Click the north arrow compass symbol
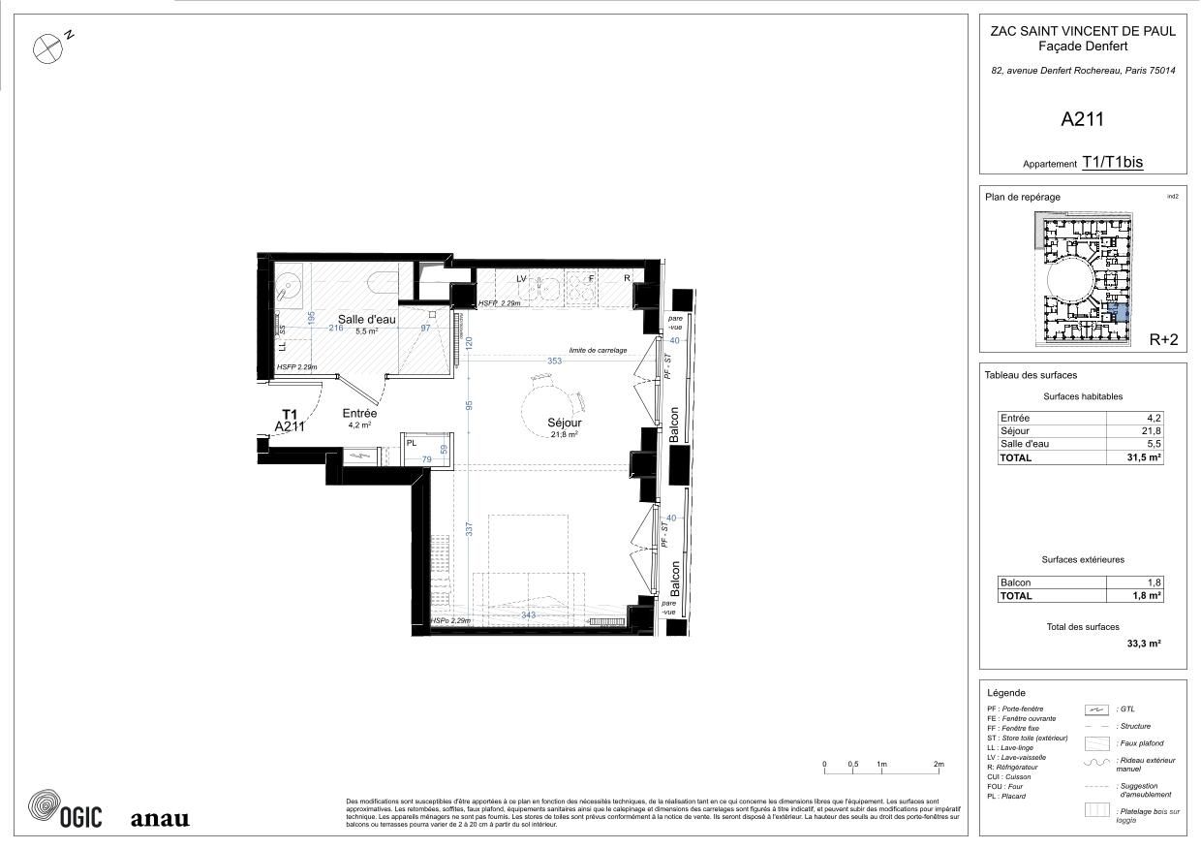tap(46, 48)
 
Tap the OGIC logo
tap(65, 811)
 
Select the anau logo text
tap(160, 819)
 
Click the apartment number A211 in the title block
tap(1082, 120)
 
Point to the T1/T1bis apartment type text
tap(1112, 163)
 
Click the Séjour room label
tap(565, 423)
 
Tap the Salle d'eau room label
tap(366, 319)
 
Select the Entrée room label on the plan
tap(359, 413)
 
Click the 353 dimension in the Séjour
tap(554, 361)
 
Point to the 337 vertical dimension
tap(469, 529)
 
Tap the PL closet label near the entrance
tap(412, 442)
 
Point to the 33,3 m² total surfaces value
tap(1144, 643)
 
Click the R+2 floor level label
tap(1162, 339)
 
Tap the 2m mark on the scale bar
tap(939, 765)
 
